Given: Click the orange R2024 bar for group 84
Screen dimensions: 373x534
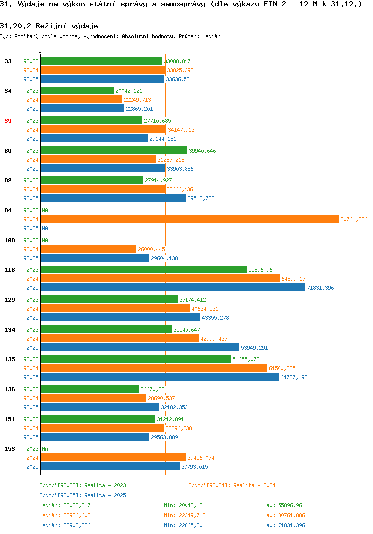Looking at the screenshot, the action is tap(190, 219).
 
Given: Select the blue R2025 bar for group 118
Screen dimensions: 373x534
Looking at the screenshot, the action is tap(173, 287).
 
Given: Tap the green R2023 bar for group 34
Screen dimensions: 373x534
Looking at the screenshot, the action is tap(77, 90).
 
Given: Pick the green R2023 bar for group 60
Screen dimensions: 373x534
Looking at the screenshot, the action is tap(114, 150).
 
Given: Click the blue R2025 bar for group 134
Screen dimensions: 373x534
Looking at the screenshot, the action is tap(140, 347).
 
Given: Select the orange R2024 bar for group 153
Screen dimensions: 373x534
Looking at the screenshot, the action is tap(113, 458).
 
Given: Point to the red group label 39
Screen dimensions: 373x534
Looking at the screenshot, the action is tap(8, 121).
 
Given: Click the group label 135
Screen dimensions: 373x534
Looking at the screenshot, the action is tap(10, 359).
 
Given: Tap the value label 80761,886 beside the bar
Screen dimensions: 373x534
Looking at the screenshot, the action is tap(354, 219).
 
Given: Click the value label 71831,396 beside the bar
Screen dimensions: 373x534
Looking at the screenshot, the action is tap(321, 288).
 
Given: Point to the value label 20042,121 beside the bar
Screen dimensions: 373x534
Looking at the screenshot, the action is tap(129, 91).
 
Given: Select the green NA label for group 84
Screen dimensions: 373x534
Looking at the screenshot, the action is tap(45, 210).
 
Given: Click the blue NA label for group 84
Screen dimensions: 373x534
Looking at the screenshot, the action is tap(45, 228).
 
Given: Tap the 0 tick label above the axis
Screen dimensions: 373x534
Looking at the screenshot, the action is tap(40, 51).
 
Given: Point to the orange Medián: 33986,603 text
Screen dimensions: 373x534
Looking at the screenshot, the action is tap(65, 515).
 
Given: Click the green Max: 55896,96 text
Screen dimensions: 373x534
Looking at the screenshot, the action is tap(282, 505).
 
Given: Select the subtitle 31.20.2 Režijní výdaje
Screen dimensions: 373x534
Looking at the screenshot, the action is tap(49, 26).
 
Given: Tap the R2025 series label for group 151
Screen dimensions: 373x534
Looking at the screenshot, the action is tap(31, 437).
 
